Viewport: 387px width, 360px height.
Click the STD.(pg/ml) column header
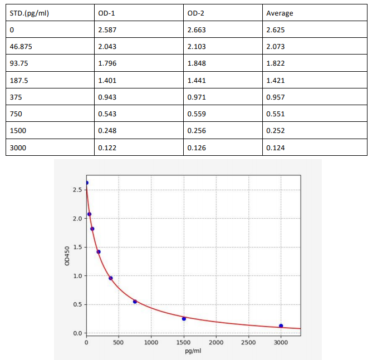point(30,13)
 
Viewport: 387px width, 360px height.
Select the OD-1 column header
point(107,13)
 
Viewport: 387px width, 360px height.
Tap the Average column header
point(280,13)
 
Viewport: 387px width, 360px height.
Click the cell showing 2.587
point(107,29)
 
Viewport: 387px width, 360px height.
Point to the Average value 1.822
point(276,63)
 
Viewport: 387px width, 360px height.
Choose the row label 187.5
point(19,80)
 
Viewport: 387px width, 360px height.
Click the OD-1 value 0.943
point(107,97)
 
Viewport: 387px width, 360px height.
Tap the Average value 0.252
point(276,130)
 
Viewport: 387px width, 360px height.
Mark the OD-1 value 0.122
point(107,147)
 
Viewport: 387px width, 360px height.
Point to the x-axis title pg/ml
point(193,351)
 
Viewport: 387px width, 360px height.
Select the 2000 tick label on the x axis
point(216,342)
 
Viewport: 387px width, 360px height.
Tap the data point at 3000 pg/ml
point(281,326)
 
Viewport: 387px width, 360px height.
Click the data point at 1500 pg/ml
point(184,319)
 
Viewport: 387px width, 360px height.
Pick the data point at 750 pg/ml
point(135,302)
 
